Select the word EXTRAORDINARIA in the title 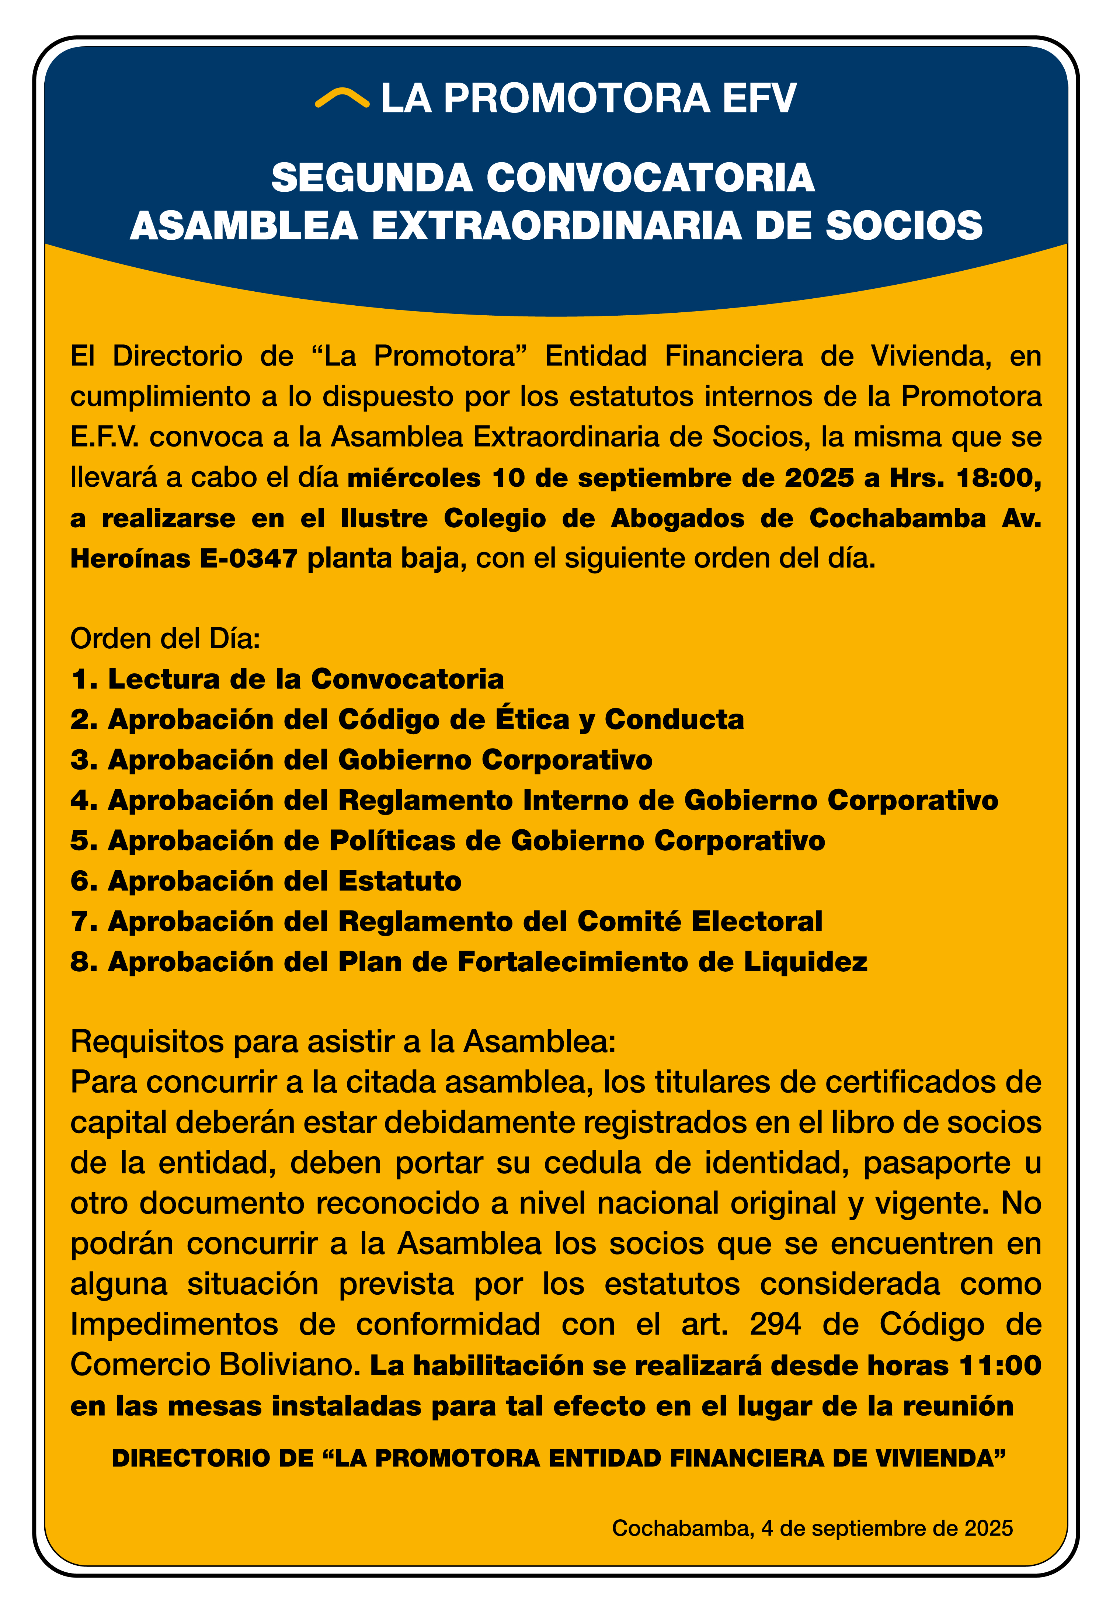pos(557,226)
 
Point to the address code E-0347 pos(249,559)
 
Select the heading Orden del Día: pos(165,638)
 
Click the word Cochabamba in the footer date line pos(682,1528)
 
